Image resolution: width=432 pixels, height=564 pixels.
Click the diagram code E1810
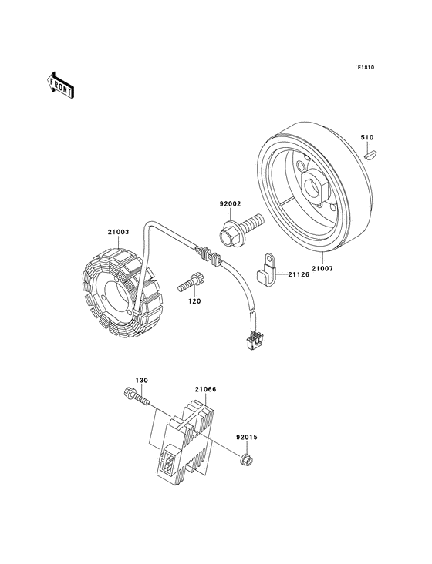366,67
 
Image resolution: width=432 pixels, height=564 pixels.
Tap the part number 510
367,137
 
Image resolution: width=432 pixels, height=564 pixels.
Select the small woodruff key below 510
370,155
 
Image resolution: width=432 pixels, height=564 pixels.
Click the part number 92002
230,204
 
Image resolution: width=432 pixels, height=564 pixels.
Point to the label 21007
322,268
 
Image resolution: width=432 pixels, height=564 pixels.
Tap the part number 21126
298,275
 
